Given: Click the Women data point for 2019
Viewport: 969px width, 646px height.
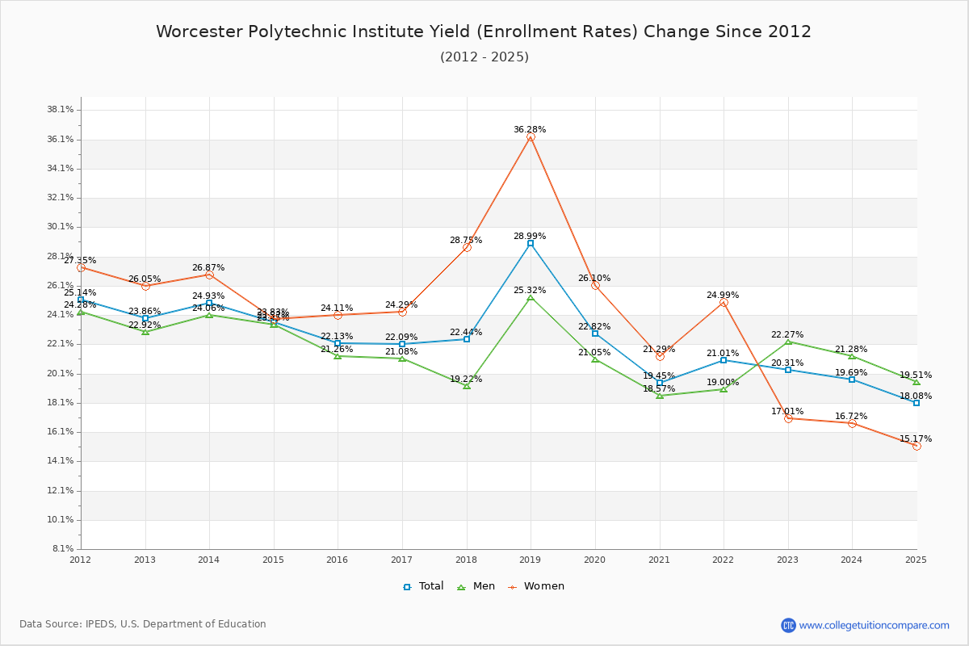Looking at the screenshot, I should point(531,137).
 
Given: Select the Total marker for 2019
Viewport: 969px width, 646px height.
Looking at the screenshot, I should point(531,243).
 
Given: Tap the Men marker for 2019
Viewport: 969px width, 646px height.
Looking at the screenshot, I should point(531,297).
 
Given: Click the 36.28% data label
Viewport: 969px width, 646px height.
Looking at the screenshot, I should point(530,129).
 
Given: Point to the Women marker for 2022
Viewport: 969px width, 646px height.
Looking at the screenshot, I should point(724,302).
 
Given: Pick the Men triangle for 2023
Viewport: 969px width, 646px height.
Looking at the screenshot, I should point(788,342).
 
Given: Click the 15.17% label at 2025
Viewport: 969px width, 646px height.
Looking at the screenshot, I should point(916,438).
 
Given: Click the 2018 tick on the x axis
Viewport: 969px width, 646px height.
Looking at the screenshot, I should point(466,559).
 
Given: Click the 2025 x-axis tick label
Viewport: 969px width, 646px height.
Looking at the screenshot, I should point(916,559).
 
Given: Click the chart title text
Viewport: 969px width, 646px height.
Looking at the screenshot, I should point(484,31).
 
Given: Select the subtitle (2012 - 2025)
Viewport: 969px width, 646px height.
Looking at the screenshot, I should point(484,57).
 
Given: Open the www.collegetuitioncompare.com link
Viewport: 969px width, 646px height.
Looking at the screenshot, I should point(874,625).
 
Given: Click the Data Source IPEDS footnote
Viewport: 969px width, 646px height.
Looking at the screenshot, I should point(143,624).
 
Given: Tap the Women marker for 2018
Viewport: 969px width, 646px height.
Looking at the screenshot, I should point(467,247).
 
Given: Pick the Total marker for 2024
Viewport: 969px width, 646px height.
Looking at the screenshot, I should point(852,379).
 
